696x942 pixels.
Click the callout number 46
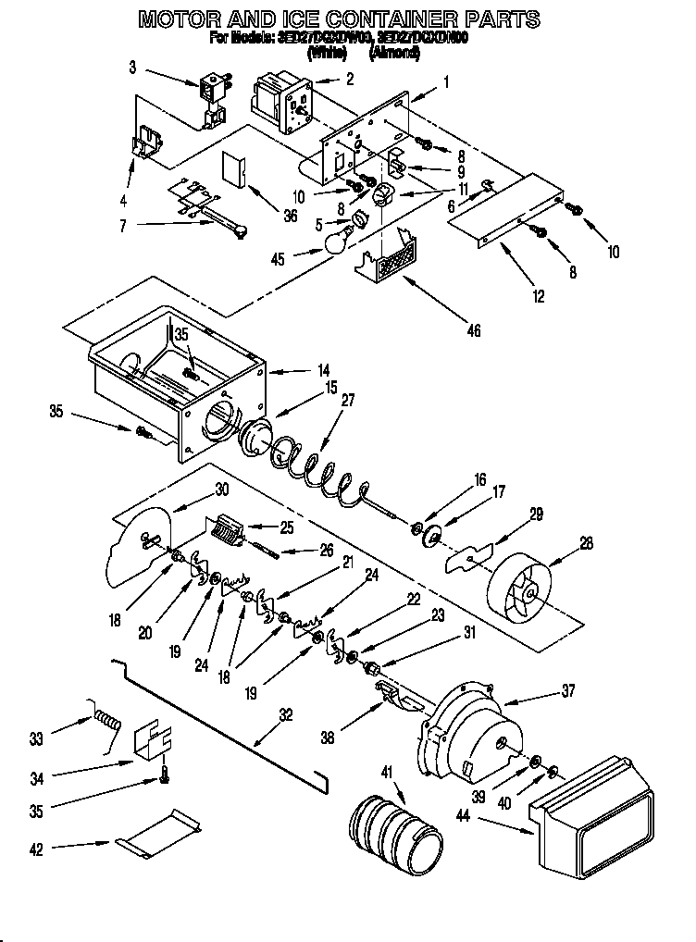[x=474, y=330]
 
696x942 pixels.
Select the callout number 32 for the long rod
[x=285, y=714]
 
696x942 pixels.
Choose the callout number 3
[x=132, y=67]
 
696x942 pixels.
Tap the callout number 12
[x=540, y=297]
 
